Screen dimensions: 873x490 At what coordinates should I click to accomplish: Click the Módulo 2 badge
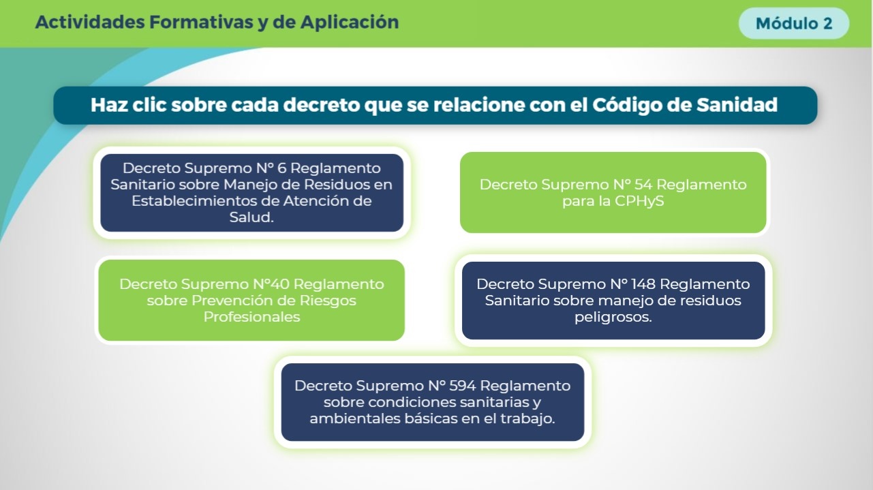[x=794, y=23]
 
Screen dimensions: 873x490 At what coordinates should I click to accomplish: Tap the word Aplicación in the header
[x=350, y=22]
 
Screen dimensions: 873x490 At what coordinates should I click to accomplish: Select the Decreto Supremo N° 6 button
[x=251, y=193]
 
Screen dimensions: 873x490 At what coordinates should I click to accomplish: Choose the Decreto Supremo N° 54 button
[x=613, y=193]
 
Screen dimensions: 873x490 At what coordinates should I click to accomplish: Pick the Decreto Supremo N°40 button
[x=251, y=300]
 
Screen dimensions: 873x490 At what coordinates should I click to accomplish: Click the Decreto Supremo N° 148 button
[x=613, y=301]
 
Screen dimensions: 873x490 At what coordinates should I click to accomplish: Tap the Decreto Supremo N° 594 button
[x=433, y=402]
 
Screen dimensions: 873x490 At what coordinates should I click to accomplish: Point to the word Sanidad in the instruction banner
[x=737, y=105]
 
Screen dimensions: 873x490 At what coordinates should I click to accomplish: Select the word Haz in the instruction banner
[x=109, y=105]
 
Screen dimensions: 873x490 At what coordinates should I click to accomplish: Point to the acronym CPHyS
[x=639, y=201]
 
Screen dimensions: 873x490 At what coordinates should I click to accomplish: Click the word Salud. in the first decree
[x=251, y=217]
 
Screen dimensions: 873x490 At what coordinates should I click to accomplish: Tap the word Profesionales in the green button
[x=251, y=317]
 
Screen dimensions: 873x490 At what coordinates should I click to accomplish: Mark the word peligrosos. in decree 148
[x=613, y=317]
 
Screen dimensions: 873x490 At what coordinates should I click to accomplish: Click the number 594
[x=462, y=386]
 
